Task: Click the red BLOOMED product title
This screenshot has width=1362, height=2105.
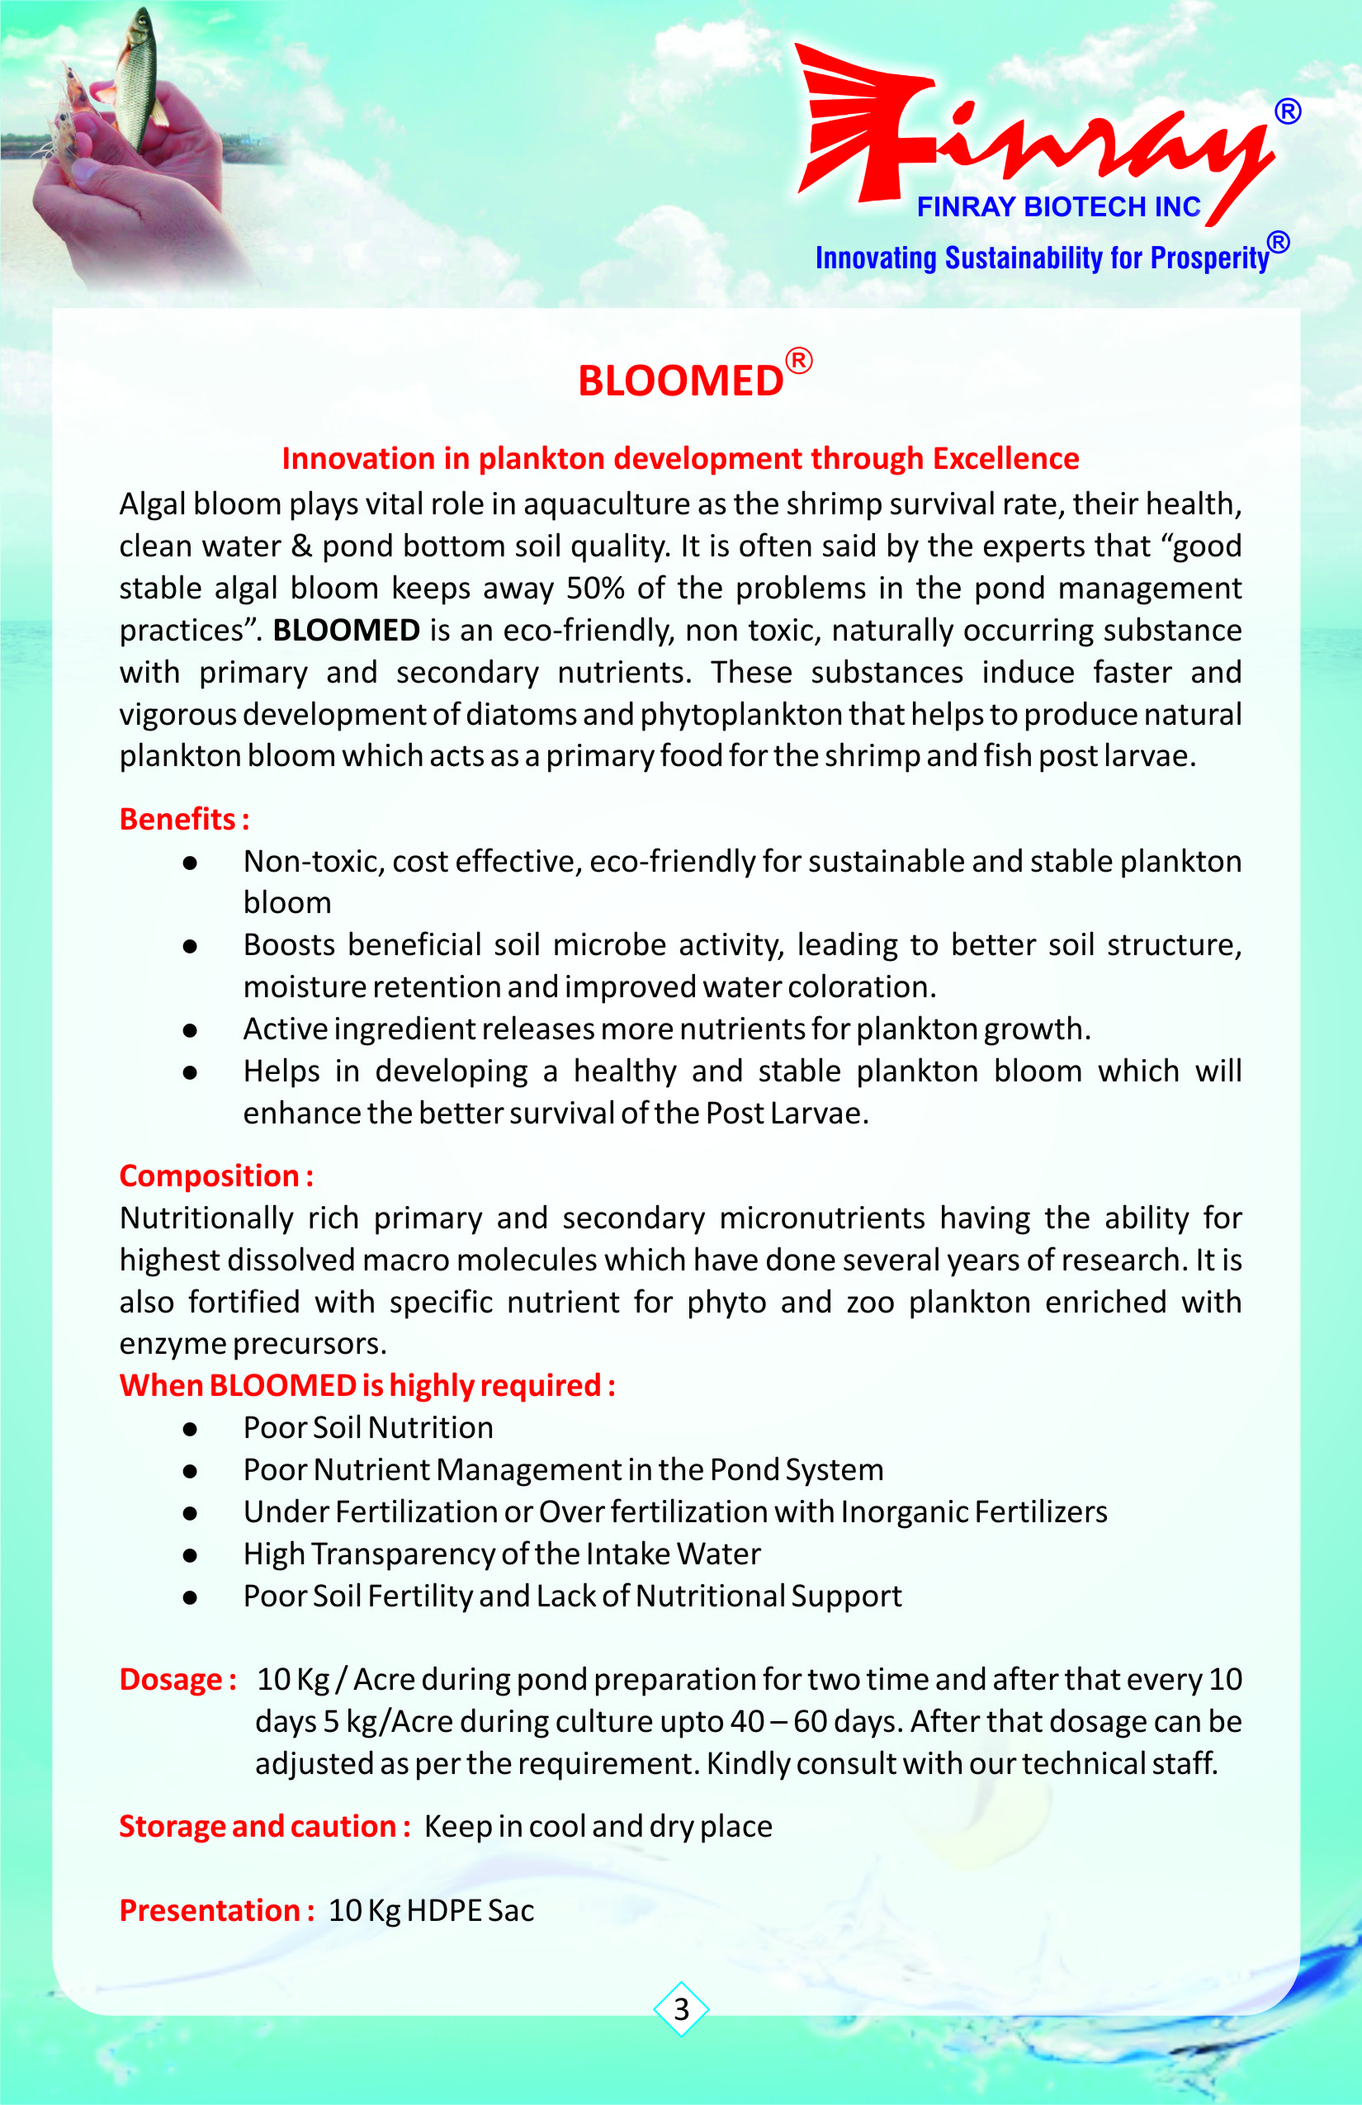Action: coord(680,381)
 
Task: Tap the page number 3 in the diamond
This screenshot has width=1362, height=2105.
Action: coord(681,2009)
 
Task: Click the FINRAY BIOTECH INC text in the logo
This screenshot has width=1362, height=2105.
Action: coord(1057,207)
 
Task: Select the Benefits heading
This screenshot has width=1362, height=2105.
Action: coord(184,819)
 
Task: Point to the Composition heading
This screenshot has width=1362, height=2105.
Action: coord(215,1175)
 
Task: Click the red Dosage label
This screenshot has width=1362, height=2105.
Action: coord(177,1679)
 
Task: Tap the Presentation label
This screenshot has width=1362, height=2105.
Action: coord(216,1909)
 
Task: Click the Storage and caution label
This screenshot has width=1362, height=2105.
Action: coord(264,1825)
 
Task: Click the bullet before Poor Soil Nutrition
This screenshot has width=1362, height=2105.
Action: coord(189,1428)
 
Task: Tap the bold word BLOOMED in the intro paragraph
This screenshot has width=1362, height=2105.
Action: coord(346,630)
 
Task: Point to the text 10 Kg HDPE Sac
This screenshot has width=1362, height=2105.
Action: coord(432,1910)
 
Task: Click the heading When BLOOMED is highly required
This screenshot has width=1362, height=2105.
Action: coord(367,1385)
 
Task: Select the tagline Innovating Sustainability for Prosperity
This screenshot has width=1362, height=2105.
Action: coord(1042,258)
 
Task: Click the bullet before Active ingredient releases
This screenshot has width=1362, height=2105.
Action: coord(189,1029)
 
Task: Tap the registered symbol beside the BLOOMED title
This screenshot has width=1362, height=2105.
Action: coord(799,361)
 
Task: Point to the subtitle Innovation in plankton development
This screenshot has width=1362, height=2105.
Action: coord(680,458)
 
